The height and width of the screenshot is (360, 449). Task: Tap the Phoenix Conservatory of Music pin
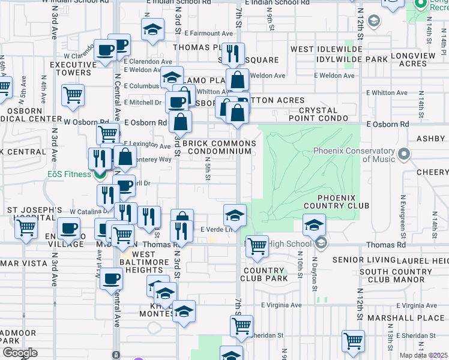click(x=404, y=154)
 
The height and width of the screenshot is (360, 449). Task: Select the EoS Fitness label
click(x=70, y=174)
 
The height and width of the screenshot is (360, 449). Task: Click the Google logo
click(x=20, y=353)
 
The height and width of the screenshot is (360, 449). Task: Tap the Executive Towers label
click(x=70, y=68)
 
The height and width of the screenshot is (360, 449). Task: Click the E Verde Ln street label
click(x=212, y=230)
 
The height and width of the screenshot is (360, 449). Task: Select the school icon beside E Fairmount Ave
click(x=153, y=29)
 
